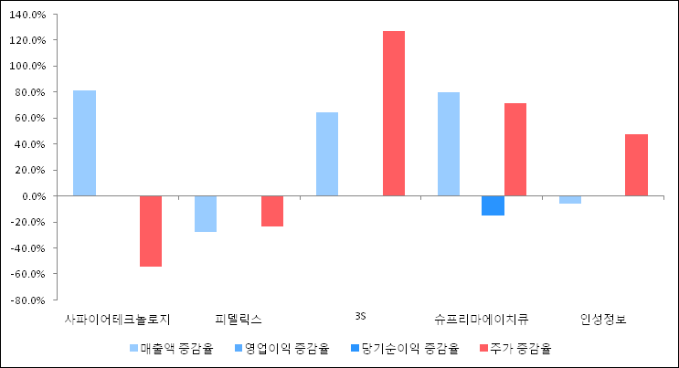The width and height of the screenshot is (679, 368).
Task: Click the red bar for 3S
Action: (x=394, y=113)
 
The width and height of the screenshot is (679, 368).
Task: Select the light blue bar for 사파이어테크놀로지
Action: (x=84, y=142)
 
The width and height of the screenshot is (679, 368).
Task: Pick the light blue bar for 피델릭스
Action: (x=206, y=214)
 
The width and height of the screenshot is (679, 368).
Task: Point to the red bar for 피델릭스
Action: (x=272, y=211)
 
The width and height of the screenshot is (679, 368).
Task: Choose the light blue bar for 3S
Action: (x=327, y=153)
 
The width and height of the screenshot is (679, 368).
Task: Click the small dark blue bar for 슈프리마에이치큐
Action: (x=493, y=205)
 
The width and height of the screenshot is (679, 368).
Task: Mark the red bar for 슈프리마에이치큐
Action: (x=515, y=149)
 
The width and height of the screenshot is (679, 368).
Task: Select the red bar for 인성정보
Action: (x=636, y=164)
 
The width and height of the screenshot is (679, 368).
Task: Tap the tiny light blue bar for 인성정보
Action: (x=570, y=199)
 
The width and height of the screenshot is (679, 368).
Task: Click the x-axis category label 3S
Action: (x=360, y=317)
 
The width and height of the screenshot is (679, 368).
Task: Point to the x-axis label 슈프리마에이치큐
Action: (x=482, y=319)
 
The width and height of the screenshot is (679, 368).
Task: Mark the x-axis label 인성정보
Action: (x=603, y=319)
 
